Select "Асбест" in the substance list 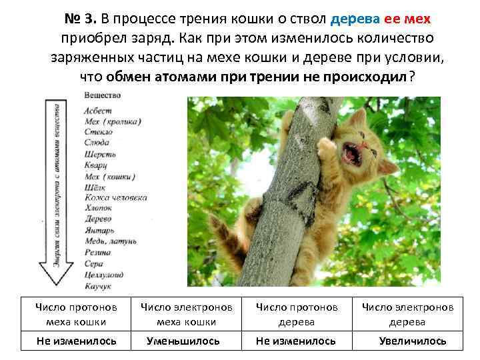pos(98,110)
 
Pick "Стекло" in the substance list pos(99,132)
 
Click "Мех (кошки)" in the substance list pos(110,176)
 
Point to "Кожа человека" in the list pos(116,198)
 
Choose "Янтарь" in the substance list pos(99,231)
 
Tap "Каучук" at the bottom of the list pos(98,285)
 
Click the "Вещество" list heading pos(103,95)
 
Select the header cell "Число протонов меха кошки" pos(76,313)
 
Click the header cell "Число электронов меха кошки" pos(186,313)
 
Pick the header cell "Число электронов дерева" pos(407,313)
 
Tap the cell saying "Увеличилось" pos(413,341)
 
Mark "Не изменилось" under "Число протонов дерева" pos(296,341)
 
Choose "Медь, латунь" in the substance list pos(111,241)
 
